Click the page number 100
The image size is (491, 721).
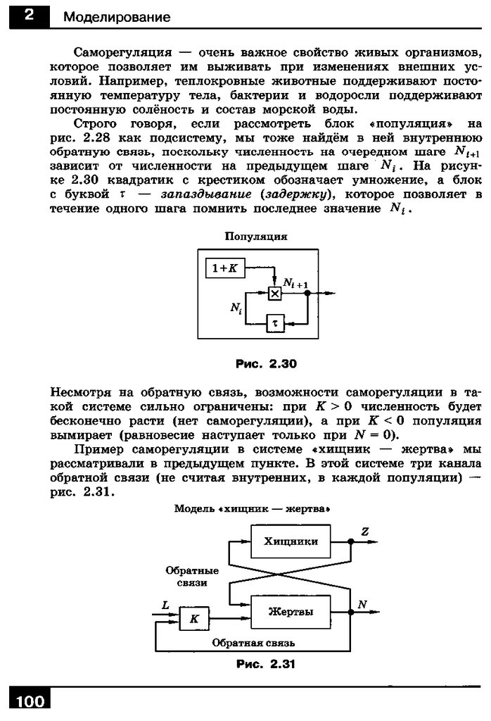coord(27,701)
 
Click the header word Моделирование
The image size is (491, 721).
coord(116,17)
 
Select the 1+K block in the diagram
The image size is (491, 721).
coord(224,268)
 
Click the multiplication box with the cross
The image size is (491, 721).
coord(275,293)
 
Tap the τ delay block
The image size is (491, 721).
coord(275,323)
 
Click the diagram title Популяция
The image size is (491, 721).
coord(255,237)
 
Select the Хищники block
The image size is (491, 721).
coord(291,541)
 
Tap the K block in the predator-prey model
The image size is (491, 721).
coord(196,619)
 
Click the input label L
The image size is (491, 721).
coord(165,605)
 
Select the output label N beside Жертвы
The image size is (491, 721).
coord(362,605)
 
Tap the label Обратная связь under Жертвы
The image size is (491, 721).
coord(253,643)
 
